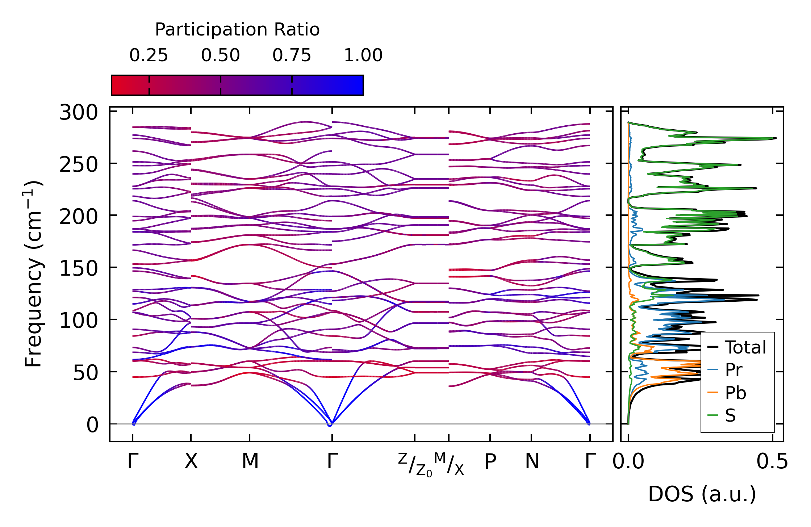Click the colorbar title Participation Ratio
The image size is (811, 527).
[237, 30]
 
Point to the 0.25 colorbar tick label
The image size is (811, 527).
[149, 55]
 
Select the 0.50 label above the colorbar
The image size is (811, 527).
[220, 55]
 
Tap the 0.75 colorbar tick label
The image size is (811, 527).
[292, 55]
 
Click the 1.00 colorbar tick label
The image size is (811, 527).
[363, 55]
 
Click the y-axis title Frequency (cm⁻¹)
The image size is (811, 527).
[33, 274]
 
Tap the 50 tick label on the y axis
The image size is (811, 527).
[85, 373]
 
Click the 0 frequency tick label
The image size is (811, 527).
[92, 425]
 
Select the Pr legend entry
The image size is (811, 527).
[733, 370]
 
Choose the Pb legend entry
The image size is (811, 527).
[735, 393]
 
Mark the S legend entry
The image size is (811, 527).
[730, 415]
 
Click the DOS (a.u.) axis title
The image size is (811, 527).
[702, 494]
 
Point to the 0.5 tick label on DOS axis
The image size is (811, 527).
[772, 462]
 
